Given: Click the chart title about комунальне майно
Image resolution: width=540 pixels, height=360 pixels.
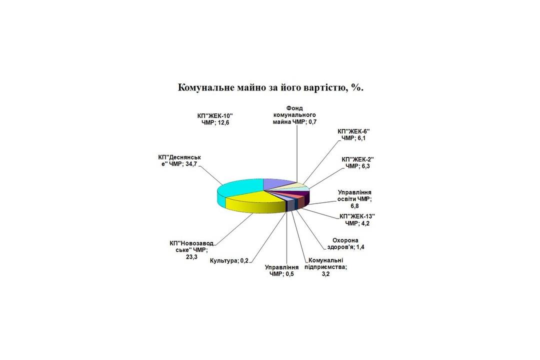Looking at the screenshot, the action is click(x=270, y=87).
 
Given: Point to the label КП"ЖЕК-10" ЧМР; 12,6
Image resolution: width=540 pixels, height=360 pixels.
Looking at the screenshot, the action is click(x=215, y=119).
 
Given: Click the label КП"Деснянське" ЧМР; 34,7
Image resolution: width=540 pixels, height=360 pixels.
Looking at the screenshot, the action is click(x=179, y=160).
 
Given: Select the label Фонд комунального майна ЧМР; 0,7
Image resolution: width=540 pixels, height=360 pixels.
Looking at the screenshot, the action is click(x=294, y=115).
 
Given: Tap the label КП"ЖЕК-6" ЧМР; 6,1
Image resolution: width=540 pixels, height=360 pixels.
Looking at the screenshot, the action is click(x=353, y=134).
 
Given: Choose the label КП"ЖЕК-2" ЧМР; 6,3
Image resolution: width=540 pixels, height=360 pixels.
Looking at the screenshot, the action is click(x=358, y=162).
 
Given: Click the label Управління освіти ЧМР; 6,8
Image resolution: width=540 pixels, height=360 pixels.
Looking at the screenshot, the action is click(x=354, y=199).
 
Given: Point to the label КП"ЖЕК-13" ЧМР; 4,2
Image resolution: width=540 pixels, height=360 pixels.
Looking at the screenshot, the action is click(x=357, y=220).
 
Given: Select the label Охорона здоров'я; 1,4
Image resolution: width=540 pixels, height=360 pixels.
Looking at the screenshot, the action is click(x=345, y=243).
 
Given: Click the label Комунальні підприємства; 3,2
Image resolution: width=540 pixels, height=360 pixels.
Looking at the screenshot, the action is click(x=326, y=267).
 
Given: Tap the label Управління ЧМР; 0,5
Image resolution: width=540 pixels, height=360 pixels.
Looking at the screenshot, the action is click(x=281, y=271).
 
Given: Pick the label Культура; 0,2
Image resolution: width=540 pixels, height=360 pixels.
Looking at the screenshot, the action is click(x=229, y=261).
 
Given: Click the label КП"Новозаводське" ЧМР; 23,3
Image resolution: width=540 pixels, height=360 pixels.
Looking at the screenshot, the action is click(x=191, y=250).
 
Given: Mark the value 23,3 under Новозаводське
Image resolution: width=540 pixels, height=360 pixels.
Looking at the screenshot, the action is click(x=191, y=257).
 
